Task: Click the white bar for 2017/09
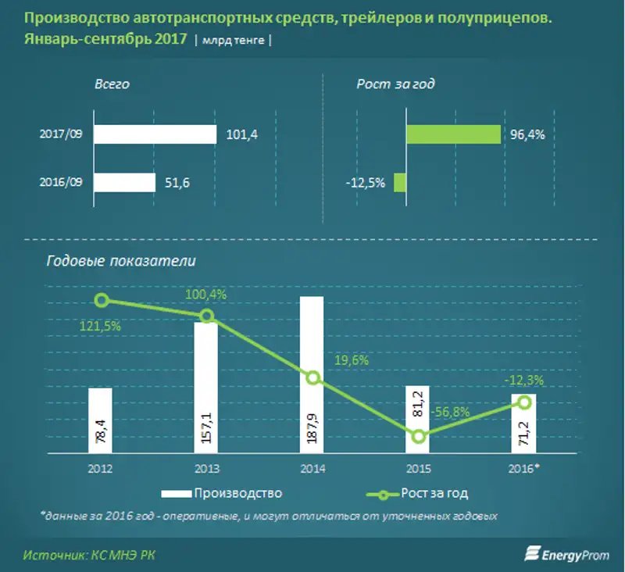155,134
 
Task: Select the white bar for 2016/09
124,183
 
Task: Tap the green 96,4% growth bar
453,134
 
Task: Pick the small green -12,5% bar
399,183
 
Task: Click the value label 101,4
241,135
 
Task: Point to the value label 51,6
177,183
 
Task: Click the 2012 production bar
101,420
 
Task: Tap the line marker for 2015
419,436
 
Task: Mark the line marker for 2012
101,300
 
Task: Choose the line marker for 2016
523,402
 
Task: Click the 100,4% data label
205,295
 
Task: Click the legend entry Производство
221,493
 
